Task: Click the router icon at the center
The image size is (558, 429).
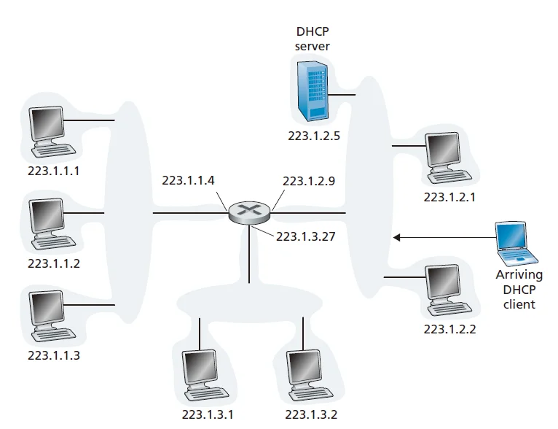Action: click(x=249, y=212)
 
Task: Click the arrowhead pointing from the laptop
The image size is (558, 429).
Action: click(x=398, y=236)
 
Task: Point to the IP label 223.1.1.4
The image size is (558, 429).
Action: click(x=188, y=181)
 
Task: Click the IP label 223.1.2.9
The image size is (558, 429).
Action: click(x=309, y=181)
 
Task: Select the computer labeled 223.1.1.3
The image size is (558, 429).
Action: click(x=51, y=314)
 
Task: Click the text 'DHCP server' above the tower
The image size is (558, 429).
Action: click(x=313, y=38)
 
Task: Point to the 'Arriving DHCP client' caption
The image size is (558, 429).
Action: click(x=519, y=289)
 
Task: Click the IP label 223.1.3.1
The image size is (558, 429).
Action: click(x=208, y=415)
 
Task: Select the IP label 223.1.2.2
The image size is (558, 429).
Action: click(x=449, y=329)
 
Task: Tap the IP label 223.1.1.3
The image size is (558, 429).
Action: click(x=53, y=355)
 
